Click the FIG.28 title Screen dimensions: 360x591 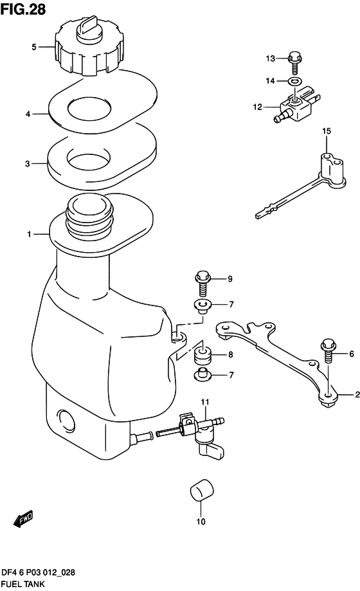23,9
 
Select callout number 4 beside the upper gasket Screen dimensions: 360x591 28,113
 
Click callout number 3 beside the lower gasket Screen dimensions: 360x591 28,163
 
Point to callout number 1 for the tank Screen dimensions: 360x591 29,234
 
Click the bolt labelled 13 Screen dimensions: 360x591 295,63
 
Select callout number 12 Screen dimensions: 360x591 258,107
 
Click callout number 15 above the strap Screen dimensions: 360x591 327,131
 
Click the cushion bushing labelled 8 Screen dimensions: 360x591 203,356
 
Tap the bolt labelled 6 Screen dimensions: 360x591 328,350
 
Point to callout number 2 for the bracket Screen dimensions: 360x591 357,395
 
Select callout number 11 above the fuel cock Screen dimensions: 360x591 204,402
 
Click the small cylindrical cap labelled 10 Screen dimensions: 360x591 201,490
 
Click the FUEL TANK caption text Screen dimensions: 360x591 23,584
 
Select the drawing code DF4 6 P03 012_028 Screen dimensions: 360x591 39,572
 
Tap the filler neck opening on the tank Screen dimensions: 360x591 89,207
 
